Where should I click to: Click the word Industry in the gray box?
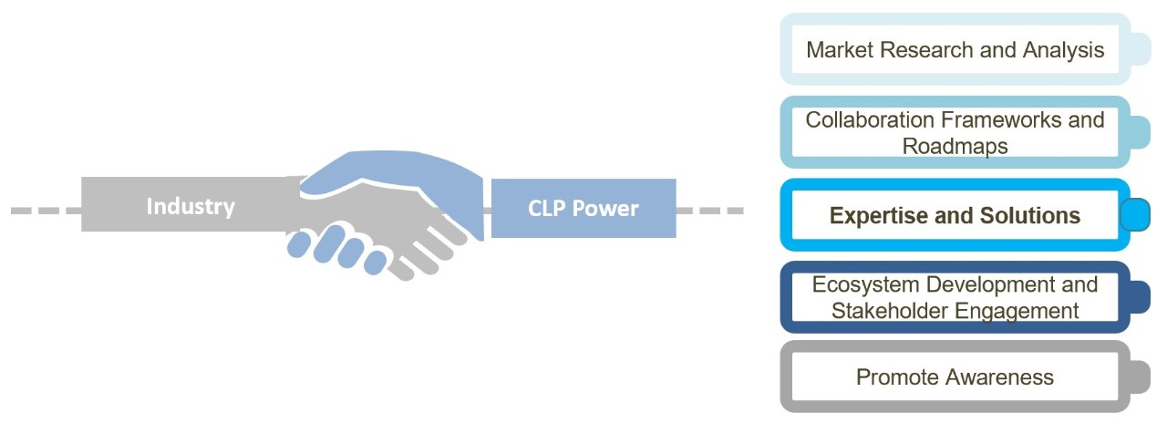[190, 206]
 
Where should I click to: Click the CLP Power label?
[583, 208]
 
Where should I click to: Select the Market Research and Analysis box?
[955, 50]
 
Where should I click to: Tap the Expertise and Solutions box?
[955, 216]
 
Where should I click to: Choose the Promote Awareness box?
[955, 376]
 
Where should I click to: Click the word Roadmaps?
[955, 146]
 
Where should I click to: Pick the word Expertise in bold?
[876, 216]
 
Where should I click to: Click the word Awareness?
[1005, 376]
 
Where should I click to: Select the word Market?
[842, 50]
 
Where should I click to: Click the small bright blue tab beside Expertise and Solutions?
[1134, 215]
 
